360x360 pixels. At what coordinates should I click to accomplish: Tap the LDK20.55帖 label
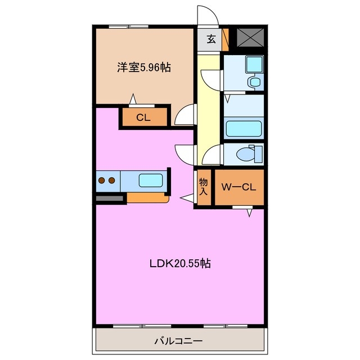[x=180, y=263]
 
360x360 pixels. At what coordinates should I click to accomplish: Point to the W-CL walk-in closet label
[x=238, y=187]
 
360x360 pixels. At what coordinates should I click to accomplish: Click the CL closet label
[x=143, y=118]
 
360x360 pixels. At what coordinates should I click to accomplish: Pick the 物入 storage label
[x=203, y=187]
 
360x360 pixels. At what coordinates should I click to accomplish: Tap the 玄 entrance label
[x=210, y=39]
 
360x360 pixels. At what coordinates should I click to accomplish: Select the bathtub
[x=243, y=128]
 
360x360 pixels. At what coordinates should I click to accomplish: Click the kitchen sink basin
[x=150, y=181]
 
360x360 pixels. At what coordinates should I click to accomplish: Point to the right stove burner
[x=112, y=181]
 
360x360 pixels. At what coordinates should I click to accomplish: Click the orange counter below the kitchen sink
[x=147, y=197]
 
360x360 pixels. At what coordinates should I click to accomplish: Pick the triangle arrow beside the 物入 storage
[x=186, y=197]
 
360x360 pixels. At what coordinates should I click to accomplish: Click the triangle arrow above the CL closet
[x=133, y=99]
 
